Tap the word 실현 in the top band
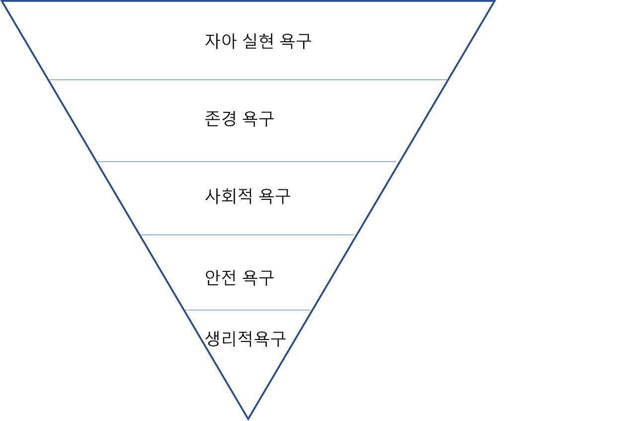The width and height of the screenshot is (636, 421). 259,41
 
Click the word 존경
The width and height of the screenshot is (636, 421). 220,119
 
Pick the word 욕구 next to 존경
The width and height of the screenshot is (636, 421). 259,119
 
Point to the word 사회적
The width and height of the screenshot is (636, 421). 227,196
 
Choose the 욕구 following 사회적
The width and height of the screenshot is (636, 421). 275,196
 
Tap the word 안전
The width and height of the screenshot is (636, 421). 220,277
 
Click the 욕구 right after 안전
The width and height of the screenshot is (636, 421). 259,277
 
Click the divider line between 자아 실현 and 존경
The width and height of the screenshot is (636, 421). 248,80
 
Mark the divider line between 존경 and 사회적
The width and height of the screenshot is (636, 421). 247,162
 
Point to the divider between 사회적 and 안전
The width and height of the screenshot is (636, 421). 247,235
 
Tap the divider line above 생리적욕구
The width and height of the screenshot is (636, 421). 247,310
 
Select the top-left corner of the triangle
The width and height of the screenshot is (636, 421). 4,2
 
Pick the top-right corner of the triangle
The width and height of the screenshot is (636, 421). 494,2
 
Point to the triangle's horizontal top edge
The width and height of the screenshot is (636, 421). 248,1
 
